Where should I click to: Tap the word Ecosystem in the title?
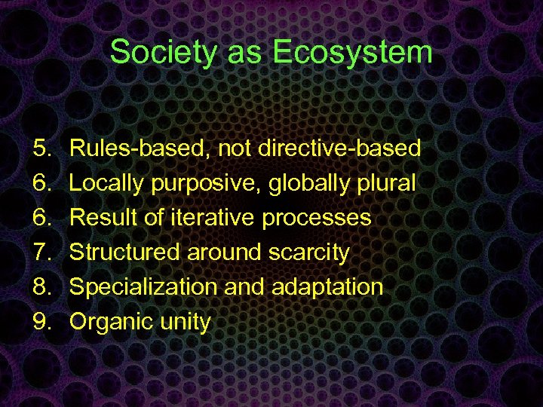pyautogui.click(x=352, y=53)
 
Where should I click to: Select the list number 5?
pyautogui.click(x=41, y=148)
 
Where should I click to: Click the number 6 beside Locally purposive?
pyautogui.click(x=41, y=183)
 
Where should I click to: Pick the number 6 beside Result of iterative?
pyautogui.click(x=41, y=218)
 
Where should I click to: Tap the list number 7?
pyautogui.click(x=41, y=252)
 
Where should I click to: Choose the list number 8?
pyautogui.click(x=41, y=287)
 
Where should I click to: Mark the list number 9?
pyautogui.click(x=41, y=322)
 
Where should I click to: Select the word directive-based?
pyautogui.click(x=339, y=148)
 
